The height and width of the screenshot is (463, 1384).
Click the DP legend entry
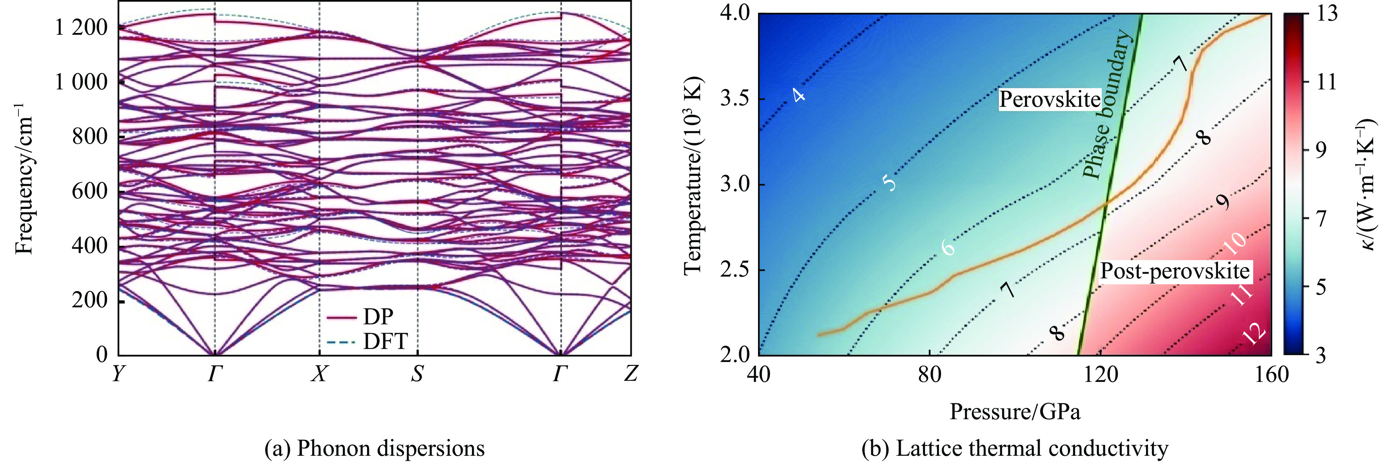point(378,317)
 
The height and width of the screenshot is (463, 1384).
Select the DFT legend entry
point(385,341)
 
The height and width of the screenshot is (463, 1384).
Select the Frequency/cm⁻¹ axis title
point(24,177)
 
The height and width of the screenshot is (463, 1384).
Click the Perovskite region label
point(1049,100)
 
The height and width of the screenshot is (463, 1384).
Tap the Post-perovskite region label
point(1175,271)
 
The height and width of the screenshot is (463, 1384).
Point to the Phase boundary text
point(1107,105)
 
